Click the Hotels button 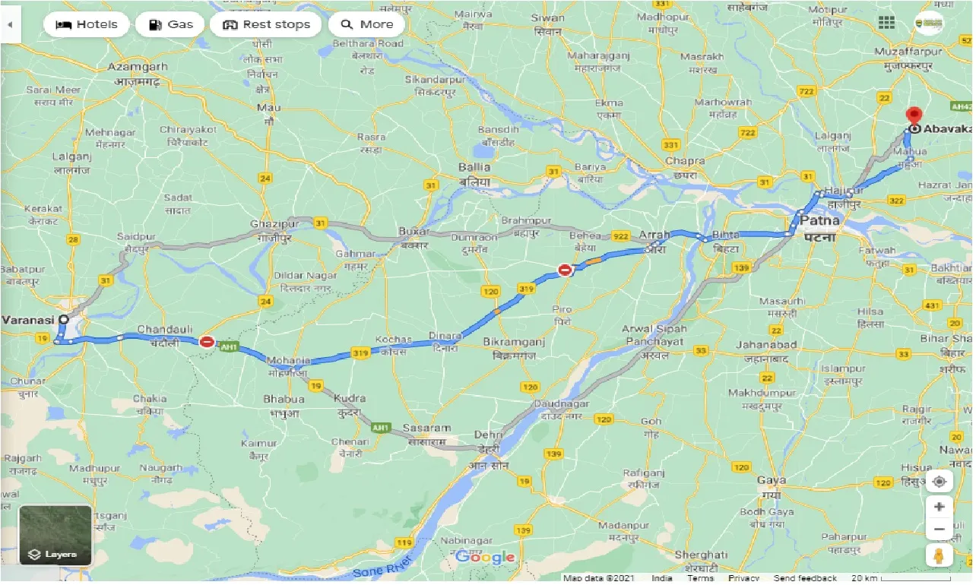[x=86, y=24]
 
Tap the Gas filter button [x=170, y=24]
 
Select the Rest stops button [x=266, y=24]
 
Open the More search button [x=366, y=24]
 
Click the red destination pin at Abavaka [x=913, y=116]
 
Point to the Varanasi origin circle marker [x=64, y=320]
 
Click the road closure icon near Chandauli [x=207, y=342]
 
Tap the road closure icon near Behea [x=564, y=270]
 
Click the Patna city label [x=819, y=221]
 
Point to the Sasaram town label [x=427, y=428]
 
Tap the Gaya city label [x=772, y=480]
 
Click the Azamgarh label [x=138, y=67]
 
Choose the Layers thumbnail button [x=55, y=536]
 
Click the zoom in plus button [x=940, y=507]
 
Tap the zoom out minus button [x=940, y=530]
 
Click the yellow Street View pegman [x=940, y=555]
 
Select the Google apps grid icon [x=886, y=23]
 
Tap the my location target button [x=940, y=482]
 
